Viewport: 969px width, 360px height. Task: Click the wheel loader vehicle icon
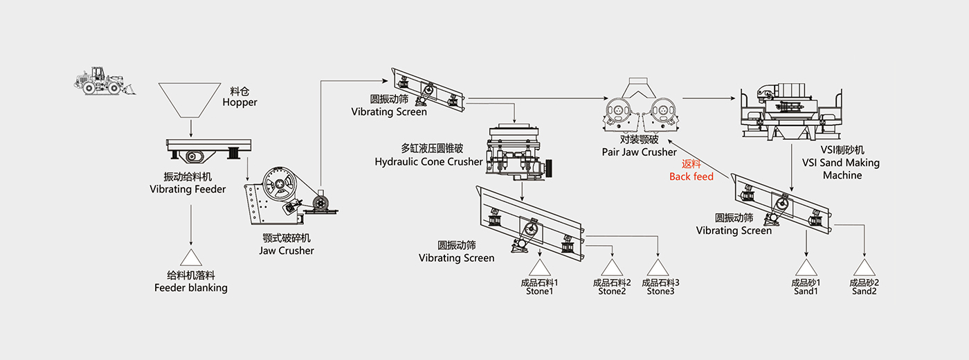tap(105, 80)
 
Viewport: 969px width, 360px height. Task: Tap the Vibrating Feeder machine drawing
tap(208, 150)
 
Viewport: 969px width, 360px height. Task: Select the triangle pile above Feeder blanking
tap(190, 257)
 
